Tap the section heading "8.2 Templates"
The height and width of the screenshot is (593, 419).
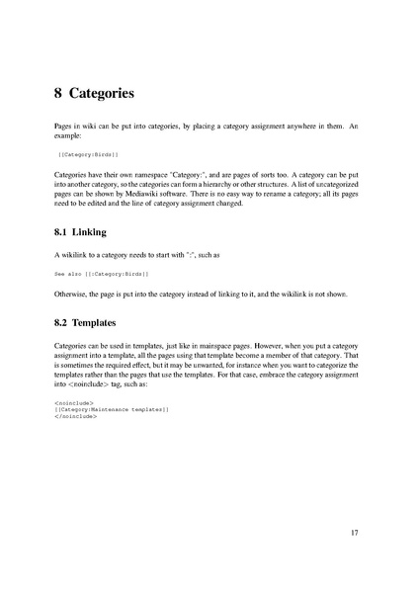coord(87,323)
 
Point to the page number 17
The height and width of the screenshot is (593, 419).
coord(355,534)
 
